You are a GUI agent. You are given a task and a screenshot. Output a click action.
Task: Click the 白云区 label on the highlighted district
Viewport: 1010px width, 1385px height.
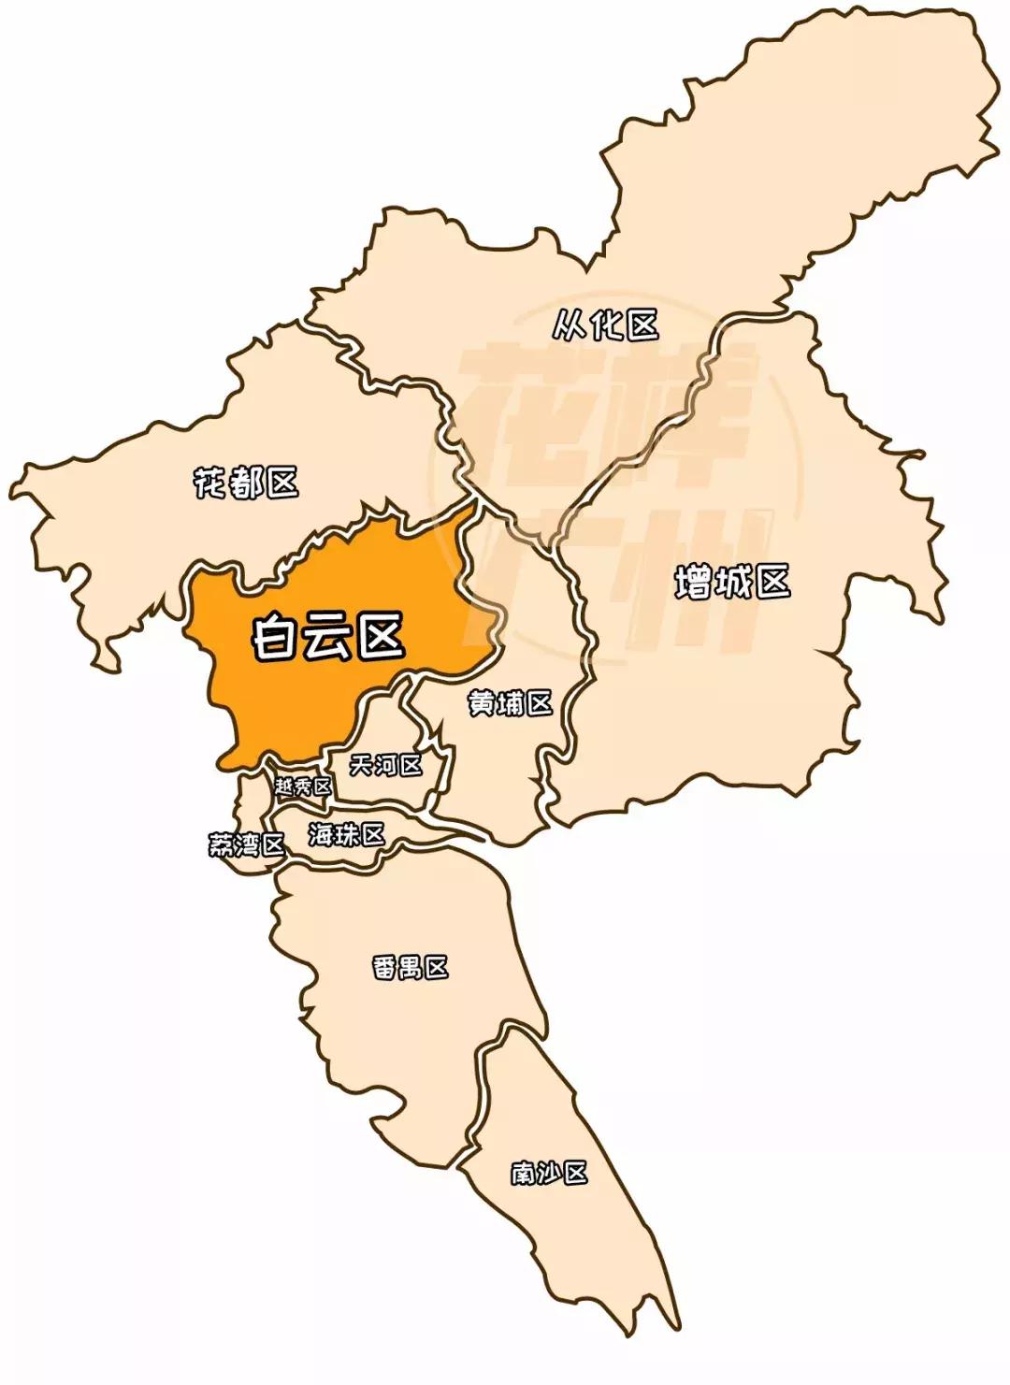pos(328,639)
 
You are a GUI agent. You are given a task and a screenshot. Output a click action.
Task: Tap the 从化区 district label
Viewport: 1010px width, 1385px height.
pos(606,325)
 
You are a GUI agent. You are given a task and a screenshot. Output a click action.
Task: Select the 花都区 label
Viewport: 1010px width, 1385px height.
pos(246,483)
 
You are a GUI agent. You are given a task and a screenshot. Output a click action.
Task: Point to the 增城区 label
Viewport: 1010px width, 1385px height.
pos(732,582)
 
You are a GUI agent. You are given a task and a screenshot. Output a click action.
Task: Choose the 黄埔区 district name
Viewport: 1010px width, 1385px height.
pos(510,702)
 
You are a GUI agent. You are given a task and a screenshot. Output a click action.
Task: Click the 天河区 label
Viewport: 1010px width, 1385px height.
pos(384,765)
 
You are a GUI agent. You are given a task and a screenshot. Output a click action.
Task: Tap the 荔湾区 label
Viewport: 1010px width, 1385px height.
pos(246,845)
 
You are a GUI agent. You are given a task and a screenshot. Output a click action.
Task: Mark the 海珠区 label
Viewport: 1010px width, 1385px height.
pos(346,834)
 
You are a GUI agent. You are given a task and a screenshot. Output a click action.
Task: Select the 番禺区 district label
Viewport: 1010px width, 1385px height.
pos(411,967)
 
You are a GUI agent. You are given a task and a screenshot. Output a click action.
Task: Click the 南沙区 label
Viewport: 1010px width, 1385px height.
pos(549,1172)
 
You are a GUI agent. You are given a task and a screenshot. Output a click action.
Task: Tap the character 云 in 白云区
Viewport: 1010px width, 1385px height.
pos(328,640)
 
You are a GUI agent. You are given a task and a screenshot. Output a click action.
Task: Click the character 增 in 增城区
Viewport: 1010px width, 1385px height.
pos(693,583)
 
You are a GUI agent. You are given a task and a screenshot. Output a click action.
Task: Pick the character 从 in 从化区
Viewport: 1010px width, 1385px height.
pos(570,325)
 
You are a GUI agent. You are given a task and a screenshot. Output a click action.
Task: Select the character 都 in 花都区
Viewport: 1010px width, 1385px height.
pos(247,483)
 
